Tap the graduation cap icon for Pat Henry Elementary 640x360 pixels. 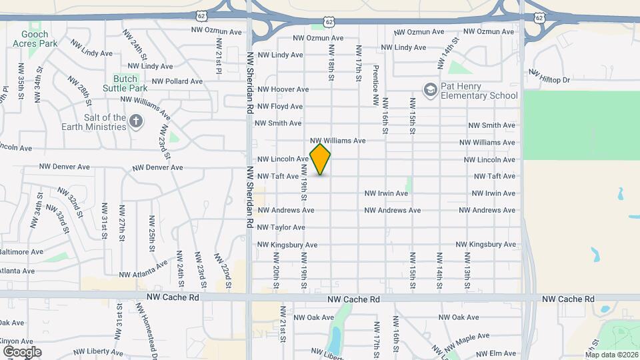pos(431,89)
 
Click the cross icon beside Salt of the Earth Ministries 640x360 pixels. pos(136,121)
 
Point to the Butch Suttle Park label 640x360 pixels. pos(125,83)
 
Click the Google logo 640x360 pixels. pos(22,351)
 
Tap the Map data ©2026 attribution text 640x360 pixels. pos(611,355)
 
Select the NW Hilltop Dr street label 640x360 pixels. pos(550,75)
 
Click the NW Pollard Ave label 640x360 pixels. pos(177,81)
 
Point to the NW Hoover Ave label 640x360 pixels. pos(283,89)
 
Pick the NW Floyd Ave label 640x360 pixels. pos(280,107)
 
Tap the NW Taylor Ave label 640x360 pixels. pos(281,227)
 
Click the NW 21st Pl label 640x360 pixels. pos(218,53)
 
